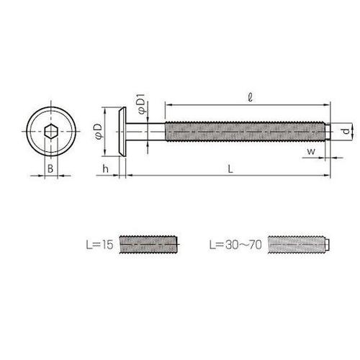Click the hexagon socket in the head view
tap(51, 132)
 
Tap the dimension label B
tap(50, 168)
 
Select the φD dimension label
tap(99, 132)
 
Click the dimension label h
tap(105, 168)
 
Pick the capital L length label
tap(230, 169)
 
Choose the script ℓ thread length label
tap(250, 97)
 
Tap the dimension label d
tap(346, 131)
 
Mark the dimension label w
tap(311, 152)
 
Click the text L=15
tap(99, 245)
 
